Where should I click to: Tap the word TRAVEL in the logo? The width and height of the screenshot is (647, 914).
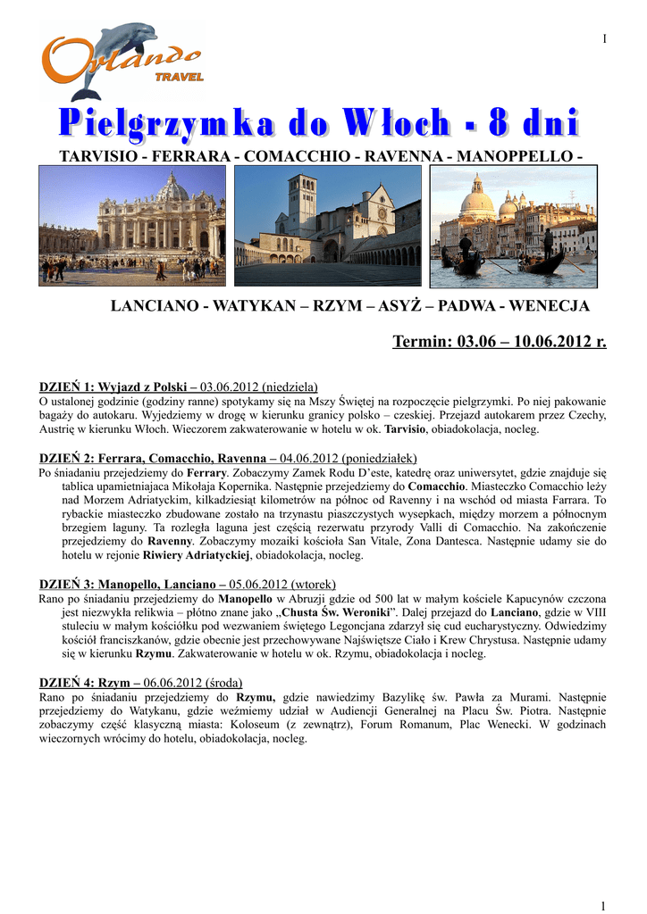pos(179,78)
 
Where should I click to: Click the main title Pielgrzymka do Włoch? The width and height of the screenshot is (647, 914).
pos(319,123)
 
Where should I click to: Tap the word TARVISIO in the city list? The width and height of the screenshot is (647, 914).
pos(96,156)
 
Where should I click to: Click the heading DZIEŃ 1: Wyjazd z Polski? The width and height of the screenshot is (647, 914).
pos(118,387)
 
